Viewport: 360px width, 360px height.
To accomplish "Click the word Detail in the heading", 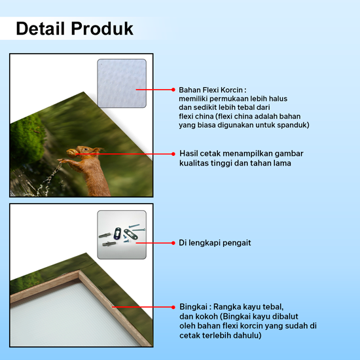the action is pos(40,29).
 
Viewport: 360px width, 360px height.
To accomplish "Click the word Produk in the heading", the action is pos(102,29).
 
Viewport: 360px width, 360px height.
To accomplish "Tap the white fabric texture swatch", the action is pos(122,83).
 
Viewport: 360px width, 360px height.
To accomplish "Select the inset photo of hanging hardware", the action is pos(122,234).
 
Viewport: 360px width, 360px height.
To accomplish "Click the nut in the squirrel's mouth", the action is pos(71,153).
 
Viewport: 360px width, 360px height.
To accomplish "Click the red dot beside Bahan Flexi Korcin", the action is pos(173,90).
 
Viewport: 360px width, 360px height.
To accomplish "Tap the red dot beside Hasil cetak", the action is pos(173,154).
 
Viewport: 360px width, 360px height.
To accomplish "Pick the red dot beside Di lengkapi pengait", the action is pos(173,243).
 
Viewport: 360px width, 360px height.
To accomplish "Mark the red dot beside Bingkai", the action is pos(173,307).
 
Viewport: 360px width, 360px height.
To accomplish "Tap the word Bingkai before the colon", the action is pos(193,307).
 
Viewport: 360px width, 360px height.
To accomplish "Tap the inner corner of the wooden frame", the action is pos(79,273).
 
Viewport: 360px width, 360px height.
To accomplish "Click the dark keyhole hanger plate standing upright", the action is pos(118,233).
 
